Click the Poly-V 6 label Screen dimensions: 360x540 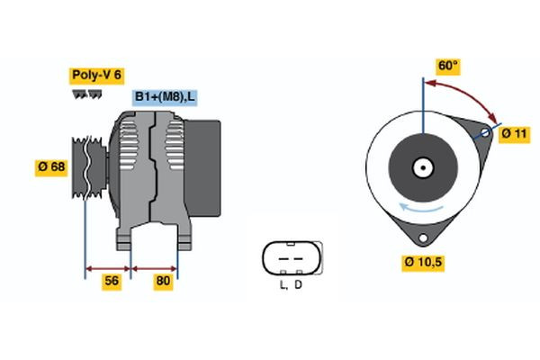click(x=95, y=76)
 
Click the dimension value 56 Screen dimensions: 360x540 click(x=112, y=281)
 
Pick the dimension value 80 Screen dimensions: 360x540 click(x=163, y=281)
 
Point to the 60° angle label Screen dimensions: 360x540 click(x=447, y=66)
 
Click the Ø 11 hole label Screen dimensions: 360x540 click(x=513, y=133)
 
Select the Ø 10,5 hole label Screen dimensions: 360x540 click(x=424, y=263)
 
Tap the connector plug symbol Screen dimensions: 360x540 click(x=290, y=258)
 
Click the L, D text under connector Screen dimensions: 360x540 click(x=290, y=285)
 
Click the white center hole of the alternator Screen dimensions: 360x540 click(x=421, y=166)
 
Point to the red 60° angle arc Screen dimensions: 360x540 click(x=468, y=94)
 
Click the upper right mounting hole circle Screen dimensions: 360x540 click(x=484, y=133)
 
